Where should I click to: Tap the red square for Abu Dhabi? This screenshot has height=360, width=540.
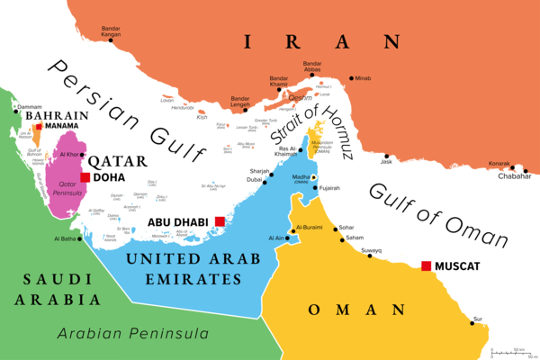point(220,221)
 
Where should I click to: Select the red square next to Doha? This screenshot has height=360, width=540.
point(85,178)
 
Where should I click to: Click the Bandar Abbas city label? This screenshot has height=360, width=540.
point(312,67)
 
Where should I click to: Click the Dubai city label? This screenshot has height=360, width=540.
point(254,180)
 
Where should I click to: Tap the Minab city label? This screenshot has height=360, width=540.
point(363,78)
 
